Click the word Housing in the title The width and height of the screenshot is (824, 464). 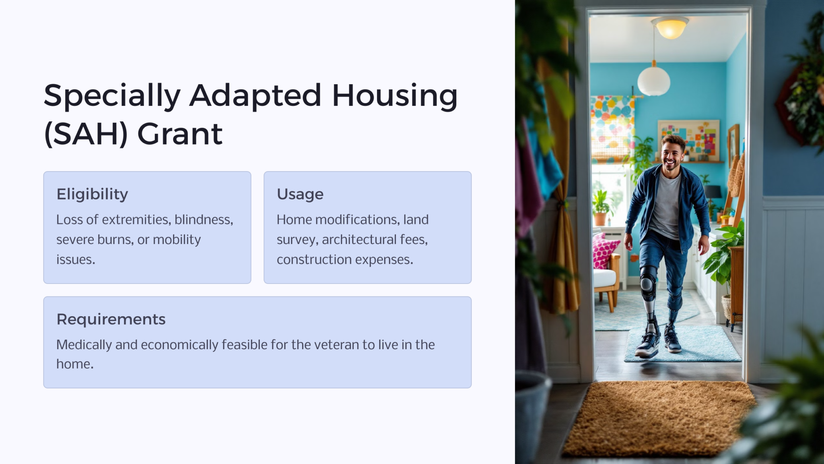coord(394,97)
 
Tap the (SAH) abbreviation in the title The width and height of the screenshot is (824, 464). coord(86,134)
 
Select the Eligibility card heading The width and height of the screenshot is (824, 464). coord(92,194)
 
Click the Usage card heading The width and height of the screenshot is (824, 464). coord(300,194)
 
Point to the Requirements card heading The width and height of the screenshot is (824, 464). coord(111,319)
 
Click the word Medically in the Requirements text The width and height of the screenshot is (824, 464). coord(84,345)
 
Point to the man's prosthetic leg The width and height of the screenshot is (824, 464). coord(649,298)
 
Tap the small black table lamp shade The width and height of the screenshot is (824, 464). coord(713,191)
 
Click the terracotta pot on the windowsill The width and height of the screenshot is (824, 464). coord(600,219)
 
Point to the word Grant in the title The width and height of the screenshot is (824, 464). coord(180,134)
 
